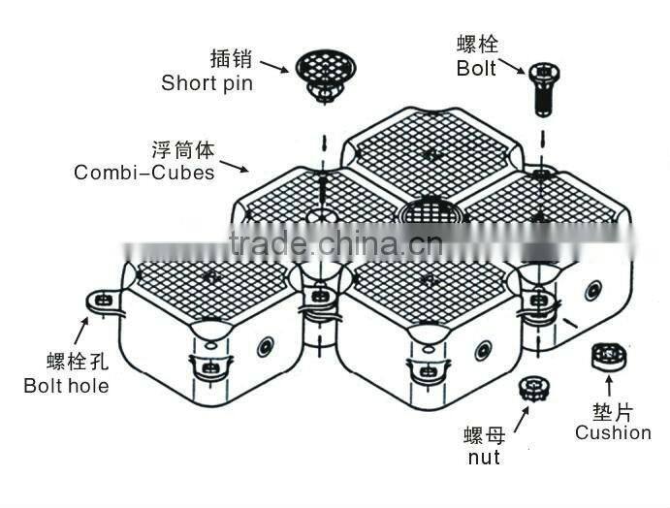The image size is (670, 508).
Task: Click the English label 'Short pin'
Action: point(207,82)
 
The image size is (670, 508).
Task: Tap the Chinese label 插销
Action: point(232,58)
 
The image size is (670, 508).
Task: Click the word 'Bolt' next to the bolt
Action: point(477,69)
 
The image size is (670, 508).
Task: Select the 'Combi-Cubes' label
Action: point(144,174)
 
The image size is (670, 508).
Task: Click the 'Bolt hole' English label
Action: point(66,385)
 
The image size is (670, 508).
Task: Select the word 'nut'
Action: point(483,456)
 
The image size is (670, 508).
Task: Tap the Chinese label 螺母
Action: point(485,432)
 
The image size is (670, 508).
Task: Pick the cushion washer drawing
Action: point(605,357)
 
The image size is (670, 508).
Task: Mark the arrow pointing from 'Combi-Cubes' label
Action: point(234,166)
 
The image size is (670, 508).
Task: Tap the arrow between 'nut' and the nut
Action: point(520,418)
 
